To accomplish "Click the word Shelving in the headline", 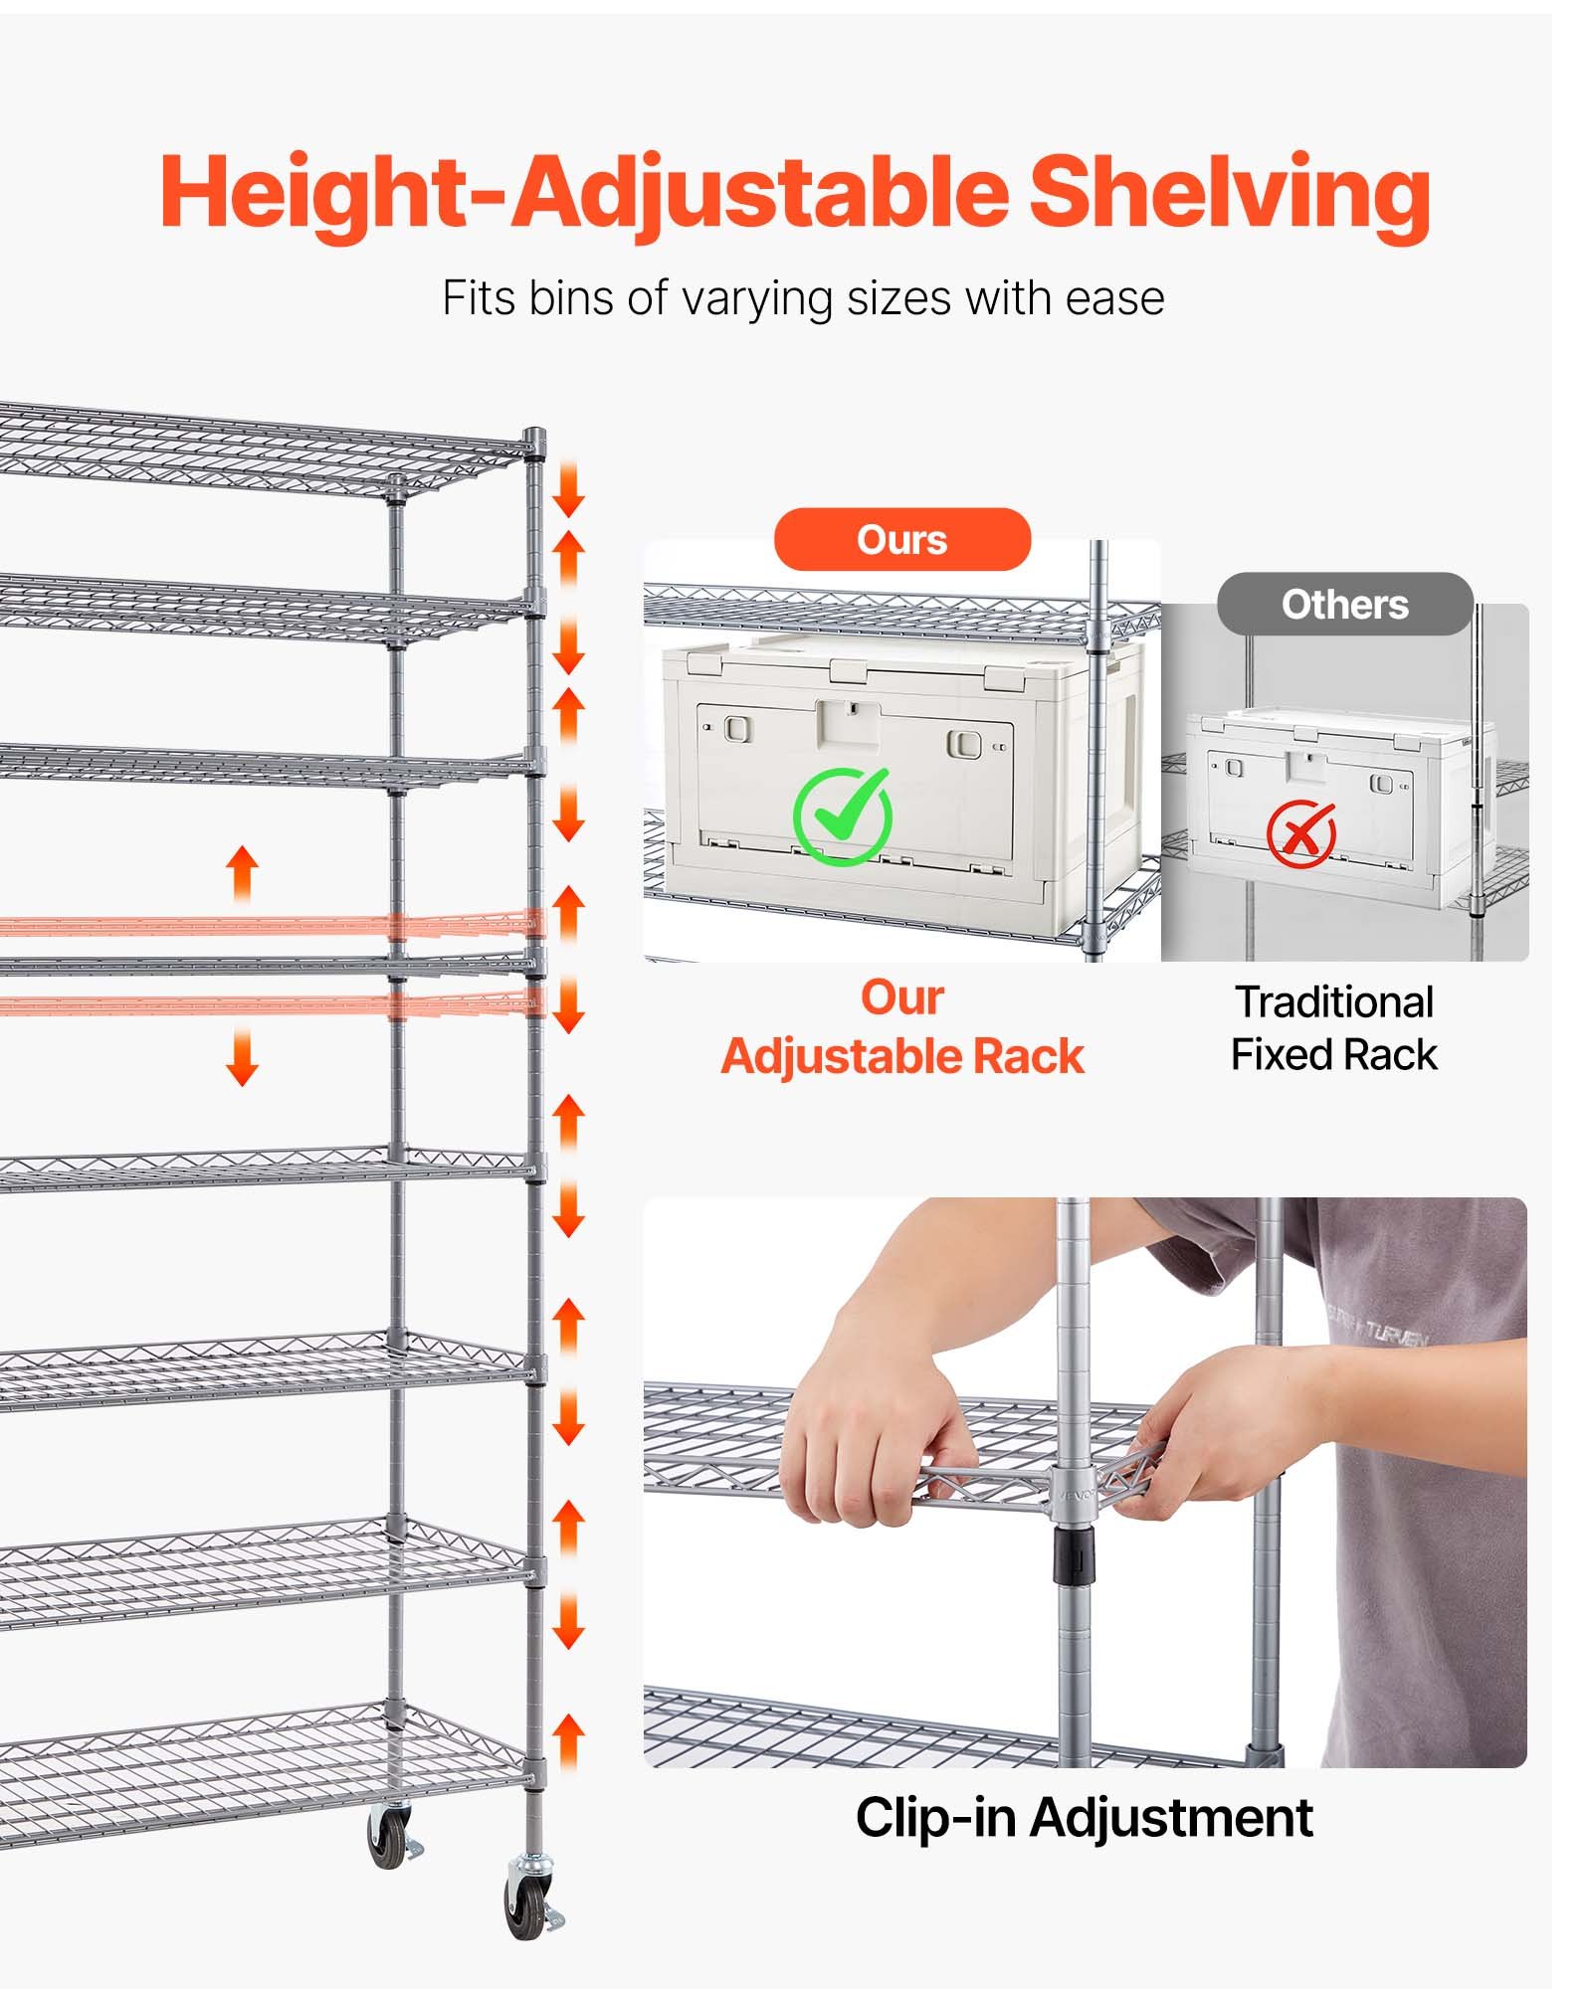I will (1229, 192).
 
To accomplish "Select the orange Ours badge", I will (901, 540).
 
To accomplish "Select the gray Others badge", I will (1344, 605).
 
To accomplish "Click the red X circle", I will (1300, 832).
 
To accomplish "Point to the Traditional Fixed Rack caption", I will (1333, 1028).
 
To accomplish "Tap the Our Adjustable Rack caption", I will (901, 1027).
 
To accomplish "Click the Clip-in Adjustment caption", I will (1084, 1817).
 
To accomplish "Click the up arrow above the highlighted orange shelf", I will (242, 871).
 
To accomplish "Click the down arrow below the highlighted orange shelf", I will (242, 1057).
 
